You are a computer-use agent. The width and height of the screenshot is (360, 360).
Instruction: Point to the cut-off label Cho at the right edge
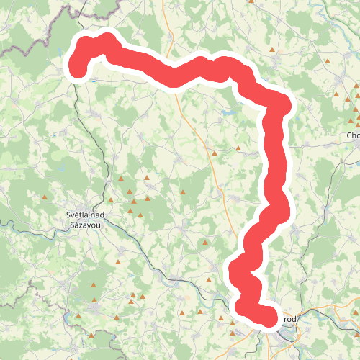[353, 135]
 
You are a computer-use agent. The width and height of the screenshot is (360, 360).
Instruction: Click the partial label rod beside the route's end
[290, 319]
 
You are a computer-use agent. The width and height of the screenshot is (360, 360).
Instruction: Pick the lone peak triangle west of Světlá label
[45, 197]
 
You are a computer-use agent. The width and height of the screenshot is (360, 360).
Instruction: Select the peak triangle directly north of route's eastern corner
[272, 50]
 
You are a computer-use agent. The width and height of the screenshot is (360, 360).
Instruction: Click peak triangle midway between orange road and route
[238, 148]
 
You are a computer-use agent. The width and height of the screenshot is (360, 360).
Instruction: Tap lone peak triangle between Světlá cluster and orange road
[183, 192]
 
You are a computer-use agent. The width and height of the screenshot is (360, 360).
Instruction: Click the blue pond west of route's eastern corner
[228, 113]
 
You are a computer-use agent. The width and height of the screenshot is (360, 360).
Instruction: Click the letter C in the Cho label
[349, 135]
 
